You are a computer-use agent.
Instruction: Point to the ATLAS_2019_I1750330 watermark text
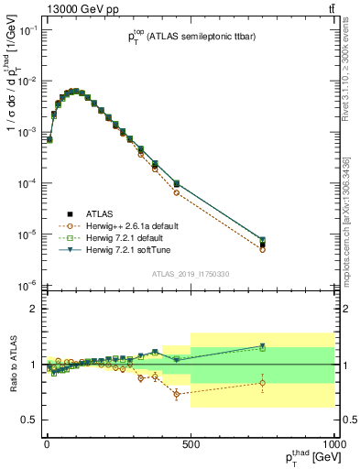coord(191,273)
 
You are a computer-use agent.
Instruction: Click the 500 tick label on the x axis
coord(191,444)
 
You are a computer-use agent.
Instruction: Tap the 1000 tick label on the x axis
coord(333,444)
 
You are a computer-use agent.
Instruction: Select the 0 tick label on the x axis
coord(46,444)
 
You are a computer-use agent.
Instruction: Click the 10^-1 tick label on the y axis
coord(25,30)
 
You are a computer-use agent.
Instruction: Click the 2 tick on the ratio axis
coord(33,309)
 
